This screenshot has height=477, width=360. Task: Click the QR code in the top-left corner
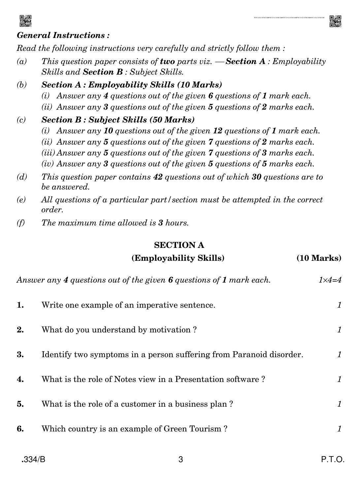pyautogui.click(x=25, y=21)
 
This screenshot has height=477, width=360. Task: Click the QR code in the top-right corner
pyautogui.click(x=335, y=21)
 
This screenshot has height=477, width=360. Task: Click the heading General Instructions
pyautogui.click(x=63, y=35)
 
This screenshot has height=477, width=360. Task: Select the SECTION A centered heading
pyautogui.click(x=179, y=245)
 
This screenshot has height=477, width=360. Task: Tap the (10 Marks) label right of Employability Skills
pyautogui.click(x=319, y=258)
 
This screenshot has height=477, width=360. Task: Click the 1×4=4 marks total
pyautogui.click(x=330, y=280)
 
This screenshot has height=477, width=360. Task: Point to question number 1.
pyautogui.click(x=20, y=305)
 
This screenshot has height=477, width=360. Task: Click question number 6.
pyautogui.click(x=20, y=429)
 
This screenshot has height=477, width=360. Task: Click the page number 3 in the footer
pyautogui.click(x=180, y=460)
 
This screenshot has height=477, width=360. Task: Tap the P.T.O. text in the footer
pyautogui.click(x=333, y=460)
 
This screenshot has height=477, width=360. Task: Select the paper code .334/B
pyautogui.click(x=33, y=460)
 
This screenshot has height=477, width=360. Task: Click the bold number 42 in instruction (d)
pyautogui.click(x=158, y=177)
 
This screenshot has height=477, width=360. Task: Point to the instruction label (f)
pyautogui.click(x=21, y=223)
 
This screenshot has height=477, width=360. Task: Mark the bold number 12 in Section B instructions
pyautogui.click(x=218, y=131)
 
